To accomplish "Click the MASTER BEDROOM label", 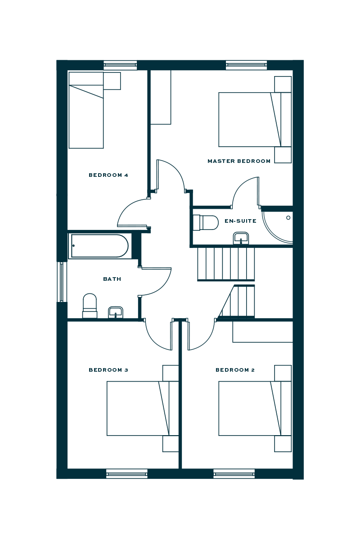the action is (239, 161).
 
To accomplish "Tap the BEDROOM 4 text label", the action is (108, 175).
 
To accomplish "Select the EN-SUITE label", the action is (241, 221).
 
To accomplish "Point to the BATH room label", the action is (112, 279).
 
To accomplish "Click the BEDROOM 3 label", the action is (108, 370).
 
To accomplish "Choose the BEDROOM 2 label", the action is (235, 370).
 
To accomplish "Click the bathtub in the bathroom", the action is (99, 246).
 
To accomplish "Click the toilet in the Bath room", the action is (90, 306).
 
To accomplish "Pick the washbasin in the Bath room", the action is (116, 312).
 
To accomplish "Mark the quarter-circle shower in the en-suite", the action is (279, 225).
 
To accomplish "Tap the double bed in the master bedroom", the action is (255, 120).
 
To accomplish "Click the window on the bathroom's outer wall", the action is (62, 282).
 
